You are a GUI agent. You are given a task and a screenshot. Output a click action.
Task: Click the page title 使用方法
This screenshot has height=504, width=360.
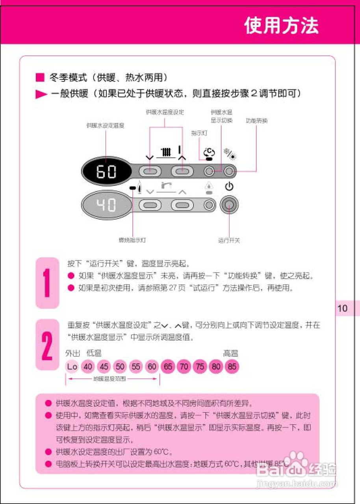tap(281, 26)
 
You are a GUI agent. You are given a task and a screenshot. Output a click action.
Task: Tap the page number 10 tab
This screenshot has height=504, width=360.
tap(343, 308)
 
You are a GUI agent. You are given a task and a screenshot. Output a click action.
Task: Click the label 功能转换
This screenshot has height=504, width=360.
tap(256, 121)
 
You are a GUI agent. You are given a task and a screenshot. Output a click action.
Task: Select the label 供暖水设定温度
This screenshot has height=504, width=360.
tap(106, 126)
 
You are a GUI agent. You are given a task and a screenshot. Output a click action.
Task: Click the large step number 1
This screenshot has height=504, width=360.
tap(47, 283)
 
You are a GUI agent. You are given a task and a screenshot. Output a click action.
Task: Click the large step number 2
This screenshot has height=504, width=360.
tap(47, 345)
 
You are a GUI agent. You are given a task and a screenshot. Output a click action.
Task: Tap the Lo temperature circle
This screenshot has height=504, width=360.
tap(72, 367)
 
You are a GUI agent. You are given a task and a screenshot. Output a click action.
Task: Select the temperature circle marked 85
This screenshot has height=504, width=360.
tap(232, 367)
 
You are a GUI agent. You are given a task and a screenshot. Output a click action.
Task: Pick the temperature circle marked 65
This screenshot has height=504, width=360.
tap(168, 367)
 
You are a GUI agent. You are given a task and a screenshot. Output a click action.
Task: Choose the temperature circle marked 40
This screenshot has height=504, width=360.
tap(88, 367)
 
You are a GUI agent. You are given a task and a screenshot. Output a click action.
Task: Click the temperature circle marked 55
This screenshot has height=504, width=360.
tap(136, 367)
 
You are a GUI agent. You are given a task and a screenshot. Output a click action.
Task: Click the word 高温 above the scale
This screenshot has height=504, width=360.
tap(230, 354)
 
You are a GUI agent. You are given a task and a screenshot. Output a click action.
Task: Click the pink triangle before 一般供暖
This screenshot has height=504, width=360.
tap(41, 94)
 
